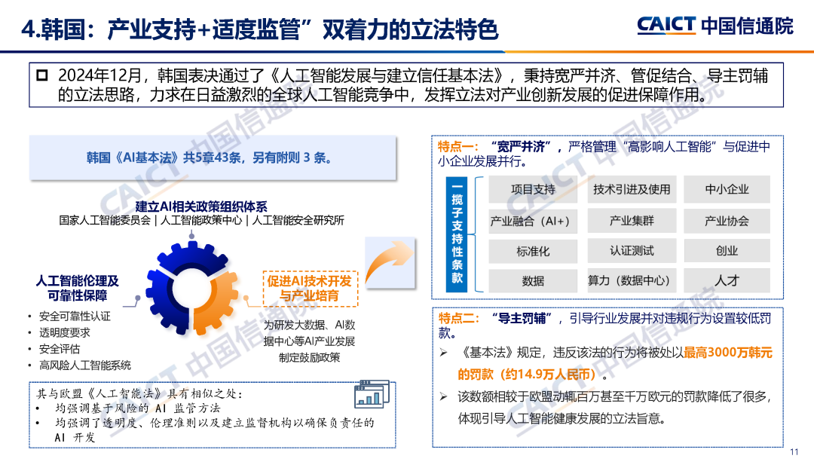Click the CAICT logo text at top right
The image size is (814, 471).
(x=666, y=26)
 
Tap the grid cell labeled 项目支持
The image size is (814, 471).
(x=533, y=190)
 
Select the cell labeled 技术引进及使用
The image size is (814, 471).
(x=632, y=190)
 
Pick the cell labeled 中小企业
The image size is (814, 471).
(x=727, y=190)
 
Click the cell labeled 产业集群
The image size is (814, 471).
(x=632, y=221)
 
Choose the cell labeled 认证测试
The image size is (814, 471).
(x=632, y=251)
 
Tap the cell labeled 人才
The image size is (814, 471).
(x=727, y=281)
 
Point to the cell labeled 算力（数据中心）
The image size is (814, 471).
(x=632, y=281)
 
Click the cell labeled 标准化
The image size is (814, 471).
(x=533, y=252)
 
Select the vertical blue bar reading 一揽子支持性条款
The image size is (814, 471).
(x=456, y=234)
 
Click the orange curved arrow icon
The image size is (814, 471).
(x=390, y=261)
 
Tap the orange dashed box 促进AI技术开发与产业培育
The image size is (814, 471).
(x=310, y=289)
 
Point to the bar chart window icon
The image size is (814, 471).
(x=372, y=394)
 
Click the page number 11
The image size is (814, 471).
(x=794, y=452)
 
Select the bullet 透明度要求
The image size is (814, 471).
(x=64, y=332)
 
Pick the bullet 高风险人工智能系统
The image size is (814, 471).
(x=85, y=365)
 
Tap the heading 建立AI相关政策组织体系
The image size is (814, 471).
(x=201, y=206)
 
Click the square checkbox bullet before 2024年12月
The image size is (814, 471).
(x=42, y=75)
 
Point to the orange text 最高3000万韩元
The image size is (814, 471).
(x=728, y=353)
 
